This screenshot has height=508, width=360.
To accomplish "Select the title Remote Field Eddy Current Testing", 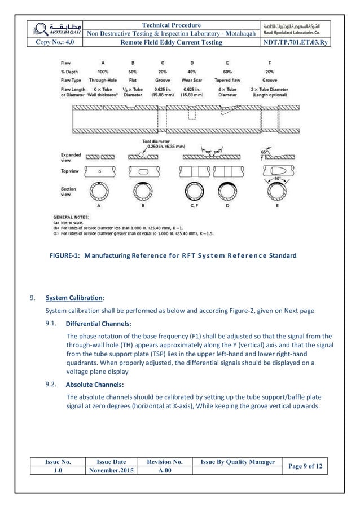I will pos(173,42).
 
